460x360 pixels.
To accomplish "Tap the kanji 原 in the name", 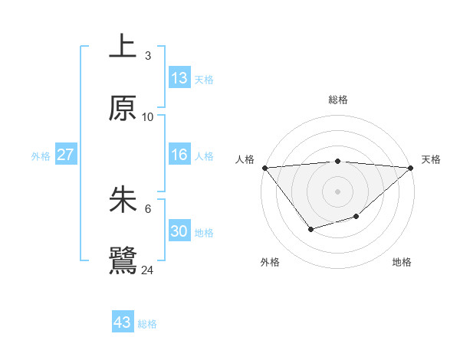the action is [x=123, y=109].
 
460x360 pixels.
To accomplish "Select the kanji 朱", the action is [x=123, y=200].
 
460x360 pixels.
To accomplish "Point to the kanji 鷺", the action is [x=123, y=260].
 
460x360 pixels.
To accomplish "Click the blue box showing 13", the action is [x=179, y=78].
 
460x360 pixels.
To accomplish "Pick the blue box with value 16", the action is [x=179, y=155].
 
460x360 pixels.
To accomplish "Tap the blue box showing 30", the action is [x=179, y=231].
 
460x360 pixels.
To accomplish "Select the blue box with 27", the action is [x=65, y=155].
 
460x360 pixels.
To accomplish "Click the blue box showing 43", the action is [x=123, y=322].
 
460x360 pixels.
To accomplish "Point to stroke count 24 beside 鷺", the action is [x=148, y=270].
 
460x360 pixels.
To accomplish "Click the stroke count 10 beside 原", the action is [x=148, y=117].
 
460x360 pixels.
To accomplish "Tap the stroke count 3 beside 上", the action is [x=148, y=56].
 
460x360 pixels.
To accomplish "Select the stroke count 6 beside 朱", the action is [x=148, y=208].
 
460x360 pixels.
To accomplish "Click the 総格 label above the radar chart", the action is [x=337, y=100].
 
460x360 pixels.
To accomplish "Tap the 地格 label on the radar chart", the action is [x=402, y=262].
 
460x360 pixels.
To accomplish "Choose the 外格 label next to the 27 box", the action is [x=41, y=155].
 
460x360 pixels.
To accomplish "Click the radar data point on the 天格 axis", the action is [x=411, y=168].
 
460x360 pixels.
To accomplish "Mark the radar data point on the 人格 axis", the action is [x=264, y=168].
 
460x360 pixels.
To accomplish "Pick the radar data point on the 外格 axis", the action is [x=310, y=229].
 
